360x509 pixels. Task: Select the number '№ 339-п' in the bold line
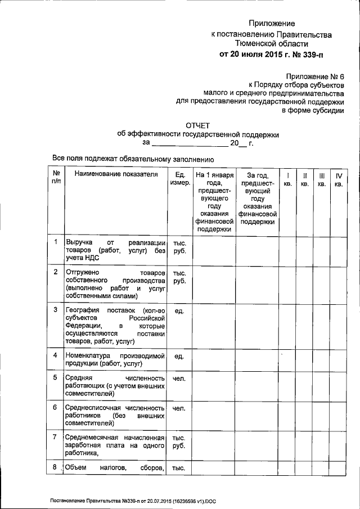click(x=309, y=55)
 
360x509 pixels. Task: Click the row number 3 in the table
click(x=55, y=310)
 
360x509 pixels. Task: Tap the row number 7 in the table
click(x=55, y=437)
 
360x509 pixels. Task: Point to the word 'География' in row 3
click(x=83, y=310)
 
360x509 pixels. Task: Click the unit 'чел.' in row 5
click(x=179, y=378)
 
